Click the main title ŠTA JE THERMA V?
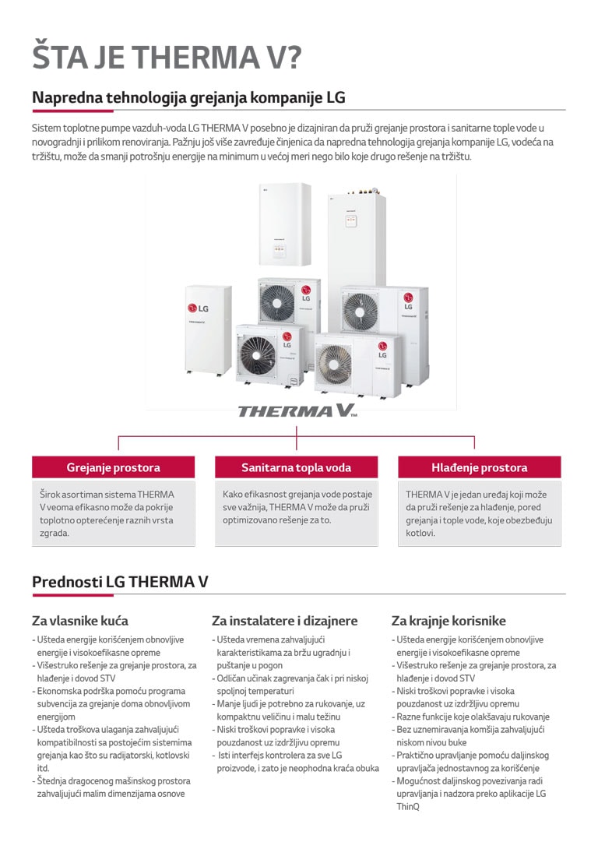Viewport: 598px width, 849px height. (167, 57)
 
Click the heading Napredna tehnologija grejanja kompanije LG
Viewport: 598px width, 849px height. (188, 97)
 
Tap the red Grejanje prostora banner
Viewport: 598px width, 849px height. (113, 467)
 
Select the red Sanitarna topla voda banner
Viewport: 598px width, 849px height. (296, 467)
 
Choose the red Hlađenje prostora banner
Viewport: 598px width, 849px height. (480, 467)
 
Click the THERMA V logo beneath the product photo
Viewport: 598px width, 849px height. (297, 411)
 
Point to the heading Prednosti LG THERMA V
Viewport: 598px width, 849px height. (120, 582)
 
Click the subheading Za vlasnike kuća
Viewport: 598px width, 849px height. (80, 621)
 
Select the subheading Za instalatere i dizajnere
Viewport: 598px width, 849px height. (285, 621)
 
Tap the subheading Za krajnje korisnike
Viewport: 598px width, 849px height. (448, 621)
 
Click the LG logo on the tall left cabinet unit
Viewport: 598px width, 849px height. (198, 308)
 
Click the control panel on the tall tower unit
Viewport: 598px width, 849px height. (351, 220)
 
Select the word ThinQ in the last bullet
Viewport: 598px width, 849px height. (407, 807)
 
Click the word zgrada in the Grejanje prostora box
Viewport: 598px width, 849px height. (55, 534)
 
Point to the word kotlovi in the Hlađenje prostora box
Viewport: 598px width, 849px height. (420, 533)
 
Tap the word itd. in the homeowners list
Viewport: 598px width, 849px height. (43, 768)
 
